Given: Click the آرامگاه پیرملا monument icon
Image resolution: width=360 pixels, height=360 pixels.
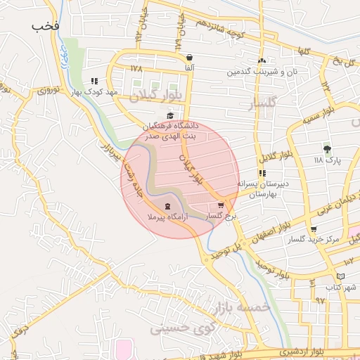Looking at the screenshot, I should point(167,206).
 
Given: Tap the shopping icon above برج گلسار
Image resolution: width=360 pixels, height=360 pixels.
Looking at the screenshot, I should point(221,205).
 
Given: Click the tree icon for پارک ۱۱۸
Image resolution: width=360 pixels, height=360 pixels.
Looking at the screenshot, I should point(327,148).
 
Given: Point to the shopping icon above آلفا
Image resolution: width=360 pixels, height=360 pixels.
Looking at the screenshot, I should point(188,57).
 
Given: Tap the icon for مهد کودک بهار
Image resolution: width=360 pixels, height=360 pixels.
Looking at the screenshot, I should point(94,81).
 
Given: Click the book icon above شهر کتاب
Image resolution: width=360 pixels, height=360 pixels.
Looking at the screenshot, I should point(341,276).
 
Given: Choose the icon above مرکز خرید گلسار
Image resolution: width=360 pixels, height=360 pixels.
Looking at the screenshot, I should point(313,229).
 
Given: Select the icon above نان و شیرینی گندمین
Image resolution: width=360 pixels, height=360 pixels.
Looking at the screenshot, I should point(262,60).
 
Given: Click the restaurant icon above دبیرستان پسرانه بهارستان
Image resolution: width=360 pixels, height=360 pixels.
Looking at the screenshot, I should point(262,172).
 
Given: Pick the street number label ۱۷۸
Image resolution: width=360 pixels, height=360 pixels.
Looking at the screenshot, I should point(136,68).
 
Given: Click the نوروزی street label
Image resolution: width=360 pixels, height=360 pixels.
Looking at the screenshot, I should point(49,89).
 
